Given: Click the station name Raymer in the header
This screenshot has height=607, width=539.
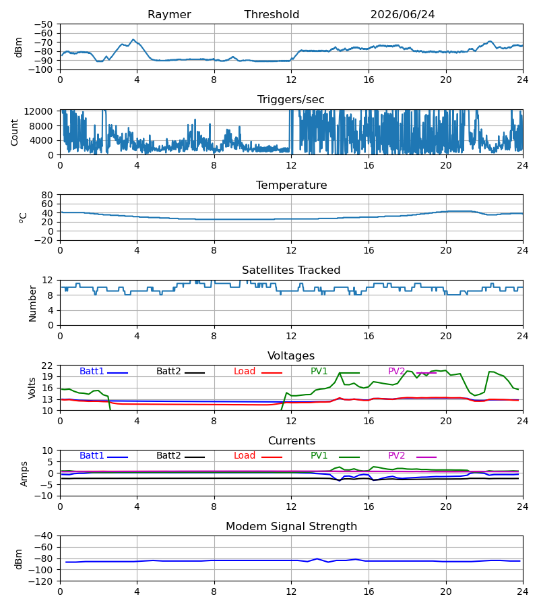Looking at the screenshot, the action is [x=169, y=15].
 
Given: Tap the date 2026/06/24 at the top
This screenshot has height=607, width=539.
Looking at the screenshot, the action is [x=402, y=15].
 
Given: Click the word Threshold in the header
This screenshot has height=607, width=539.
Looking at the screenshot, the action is [x=272, y=15].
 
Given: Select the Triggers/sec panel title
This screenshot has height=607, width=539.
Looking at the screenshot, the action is [x=291, y=100].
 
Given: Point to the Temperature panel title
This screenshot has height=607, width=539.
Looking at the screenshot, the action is [x=291, y=185].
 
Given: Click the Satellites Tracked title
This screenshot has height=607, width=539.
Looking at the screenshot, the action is [x=291, y=270].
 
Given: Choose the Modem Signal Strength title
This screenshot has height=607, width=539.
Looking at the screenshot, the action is [x=291, y=527].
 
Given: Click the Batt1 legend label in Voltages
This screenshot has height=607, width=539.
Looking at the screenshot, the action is [x=92, y=371].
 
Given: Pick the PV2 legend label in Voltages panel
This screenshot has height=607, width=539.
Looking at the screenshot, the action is [x=396, y=371].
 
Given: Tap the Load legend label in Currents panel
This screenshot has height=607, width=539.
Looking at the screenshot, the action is [x=245, y=456].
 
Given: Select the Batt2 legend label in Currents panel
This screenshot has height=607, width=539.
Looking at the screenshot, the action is [x=168, y=456].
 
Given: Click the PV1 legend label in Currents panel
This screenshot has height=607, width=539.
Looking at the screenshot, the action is [x=319, y=456].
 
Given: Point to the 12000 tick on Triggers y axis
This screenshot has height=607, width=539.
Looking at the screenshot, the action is [x=38, y=111].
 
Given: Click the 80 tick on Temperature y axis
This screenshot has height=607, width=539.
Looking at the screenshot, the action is [x=47, y=195].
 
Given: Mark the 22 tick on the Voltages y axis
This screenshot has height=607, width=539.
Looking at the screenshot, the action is [x=47, y=366].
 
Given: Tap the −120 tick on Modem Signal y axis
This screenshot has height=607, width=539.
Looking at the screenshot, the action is [x=40, y=581].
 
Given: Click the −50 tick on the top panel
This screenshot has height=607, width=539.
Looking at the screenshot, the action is [x=43, y=24].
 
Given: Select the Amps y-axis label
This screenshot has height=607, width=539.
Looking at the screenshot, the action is [x=24, y=474].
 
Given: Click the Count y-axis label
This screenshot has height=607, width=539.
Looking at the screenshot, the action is [x=14, y=132].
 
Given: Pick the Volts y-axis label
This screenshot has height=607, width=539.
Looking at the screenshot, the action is [x=32, y=388].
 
